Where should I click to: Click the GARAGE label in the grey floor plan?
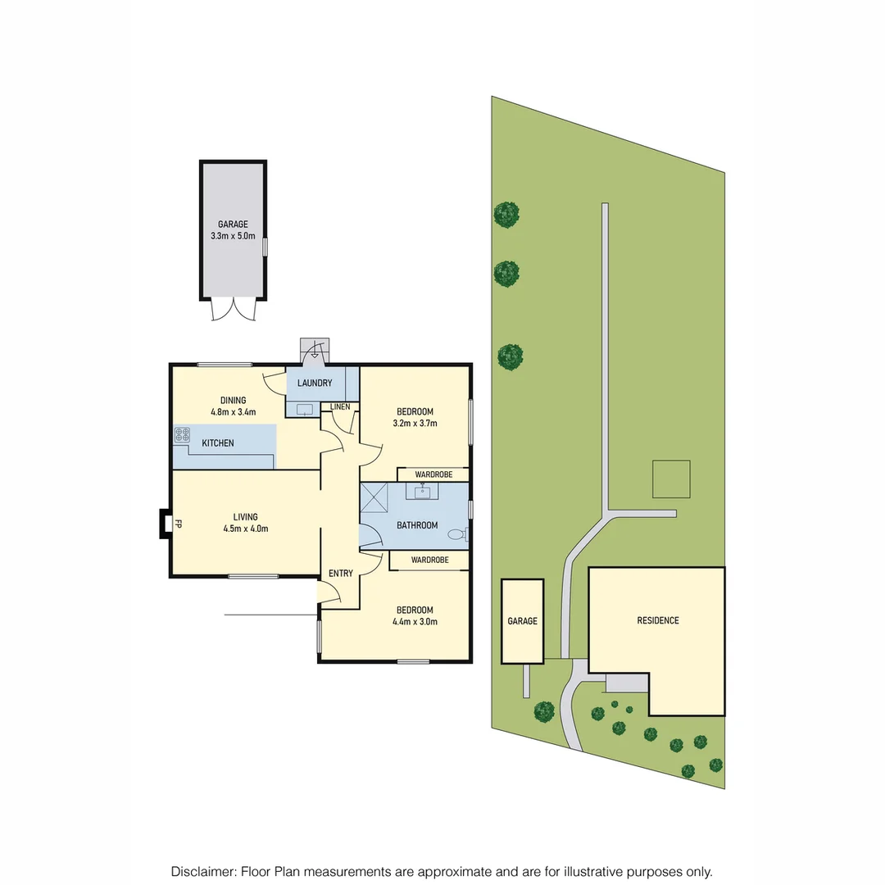[x=233, y=224]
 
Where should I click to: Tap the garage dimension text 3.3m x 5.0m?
[x=233, y=236]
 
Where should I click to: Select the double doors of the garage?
[x=233, y=309]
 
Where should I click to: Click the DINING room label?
[x=232, y=400]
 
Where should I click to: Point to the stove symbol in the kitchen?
[x=182, y=436]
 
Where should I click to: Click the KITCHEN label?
[x=218, y=443]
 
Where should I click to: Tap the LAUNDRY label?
[x=315, y=383]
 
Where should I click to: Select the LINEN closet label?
[x=340, y=406]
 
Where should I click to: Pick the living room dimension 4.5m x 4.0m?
[x=245, y=529]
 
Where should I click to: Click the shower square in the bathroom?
[x=376, y=497]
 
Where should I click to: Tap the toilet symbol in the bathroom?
[x=456, y=534]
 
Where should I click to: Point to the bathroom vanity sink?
[x=423, y=492]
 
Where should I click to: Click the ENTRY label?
[x=340, y=573]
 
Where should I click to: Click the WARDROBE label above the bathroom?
[x=433, y=474]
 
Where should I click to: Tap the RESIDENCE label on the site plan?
[x=658, y=620]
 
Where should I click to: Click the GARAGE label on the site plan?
[x=522, y=621]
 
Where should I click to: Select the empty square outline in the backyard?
[x=671, y=479]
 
